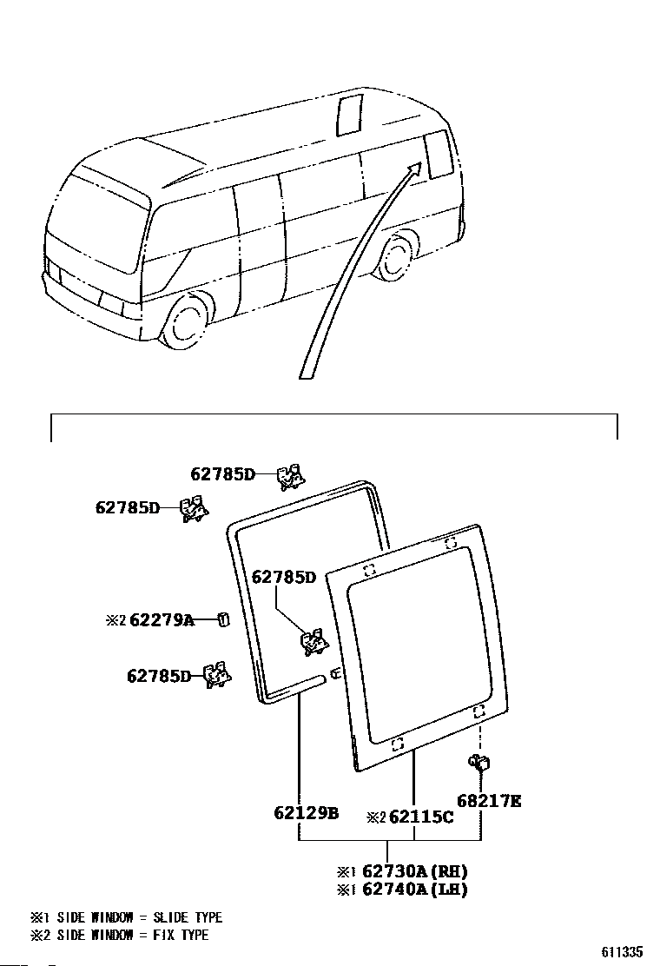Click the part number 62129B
(306, 812)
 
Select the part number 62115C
(422, 817)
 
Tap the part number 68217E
(489, 801)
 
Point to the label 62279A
(162, 619)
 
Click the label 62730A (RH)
(415, 871)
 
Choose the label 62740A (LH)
(415, 889)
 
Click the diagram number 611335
(623, 952)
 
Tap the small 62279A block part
(224, 619)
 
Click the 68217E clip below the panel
(479, 763)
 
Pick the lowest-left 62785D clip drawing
(217, 675)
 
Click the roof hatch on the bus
(349, 116)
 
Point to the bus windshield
(102, 222)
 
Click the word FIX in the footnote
(162, 936)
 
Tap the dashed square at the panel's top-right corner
(451, 543)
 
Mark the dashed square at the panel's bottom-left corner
(397, 744)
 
